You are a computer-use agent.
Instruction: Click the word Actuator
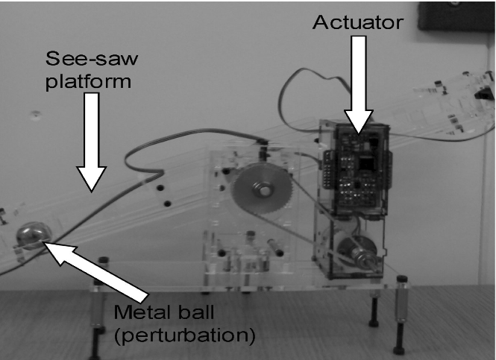[x=358, y=22]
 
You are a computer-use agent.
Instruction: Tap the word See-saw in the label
[x=92, y=58]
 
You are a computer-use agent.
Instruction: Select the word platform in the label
[x=88, y=82]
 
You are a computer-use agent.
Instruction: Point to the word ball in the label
[x=196, y=312]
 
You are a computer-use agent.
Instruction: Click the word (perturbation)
[x=185, y=335]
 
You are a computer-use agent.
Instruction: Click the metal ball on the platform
[x=34, y=236]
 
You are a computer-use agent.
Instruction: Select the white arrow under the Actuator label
[x=359, y=84]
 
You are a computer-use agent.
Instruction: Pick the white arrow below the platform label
[x=92, y=142]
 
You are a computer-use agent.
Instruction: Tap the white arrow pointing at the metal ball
[x=95, y=271]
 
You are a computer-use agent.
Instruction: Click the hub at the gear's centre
[x=263, y=190]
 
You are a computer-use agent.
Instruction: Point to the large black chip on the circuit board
[x=367, y=164]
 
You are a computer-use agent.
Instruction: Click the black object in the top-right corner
[x=456, y=15]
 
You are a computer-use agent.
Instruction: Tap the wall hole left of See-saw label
[x=36, y=114]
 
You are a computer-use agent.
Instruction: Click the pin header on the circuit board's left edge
[x=327, y=170]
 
